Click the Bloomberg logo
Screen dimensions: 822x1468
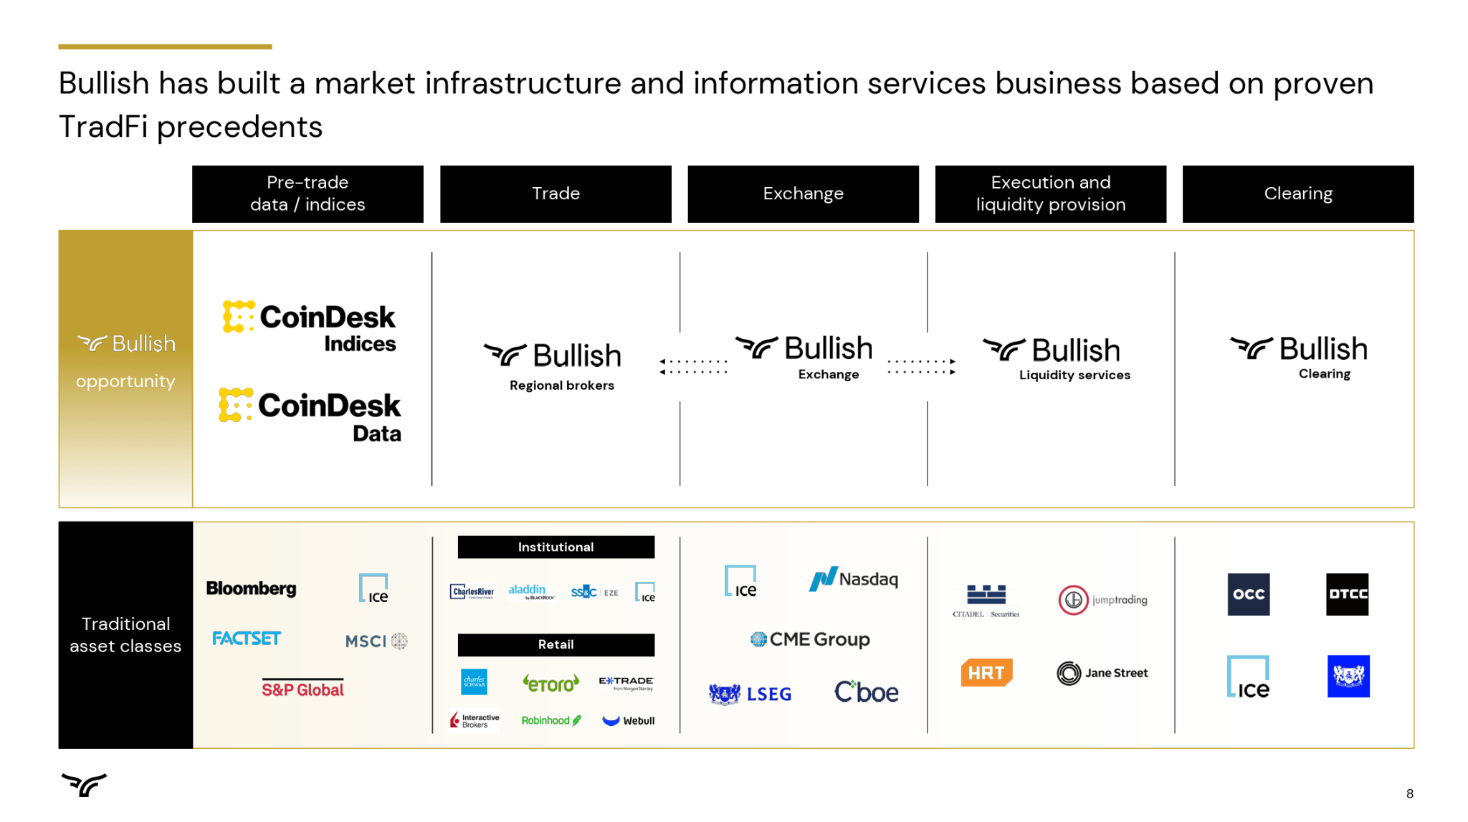[251, 588]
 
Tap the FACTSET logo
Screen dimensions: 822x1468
[246, 638]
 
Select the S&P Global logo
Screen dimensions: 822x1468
[302, 689]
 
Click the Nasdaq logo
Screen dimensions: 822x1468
[853, 579]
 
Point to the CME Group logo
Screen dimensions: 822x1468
[810, 639]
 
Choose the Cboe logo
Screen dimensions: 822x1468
[866, 692]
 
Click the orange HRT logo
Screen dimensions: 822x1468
[986, 673]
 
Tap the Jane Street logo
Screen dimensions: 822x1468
[1102, 673]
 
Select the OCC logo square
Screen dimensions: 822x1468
[1248, 594]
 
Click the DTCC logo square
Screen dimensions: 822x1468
[1347, 594]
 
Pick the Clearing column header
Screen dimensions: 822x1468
[1297, 193]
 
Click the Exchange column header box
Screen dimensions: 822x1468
[803, 193]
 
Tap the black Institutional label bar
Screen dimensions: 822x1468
[556, 547]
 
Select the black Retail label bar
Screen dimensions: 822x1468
[556, 644]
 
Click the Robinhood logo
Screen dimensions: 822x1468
[550, 720]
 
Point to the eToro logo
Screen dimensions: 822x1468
[550, 683]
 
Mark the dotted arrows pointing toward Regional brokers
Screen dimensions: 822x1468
[693, 366]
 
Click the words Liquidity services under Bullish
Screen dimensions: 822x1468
[1074, 375]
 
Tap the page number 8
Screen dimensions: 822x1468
[1409, 793]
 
